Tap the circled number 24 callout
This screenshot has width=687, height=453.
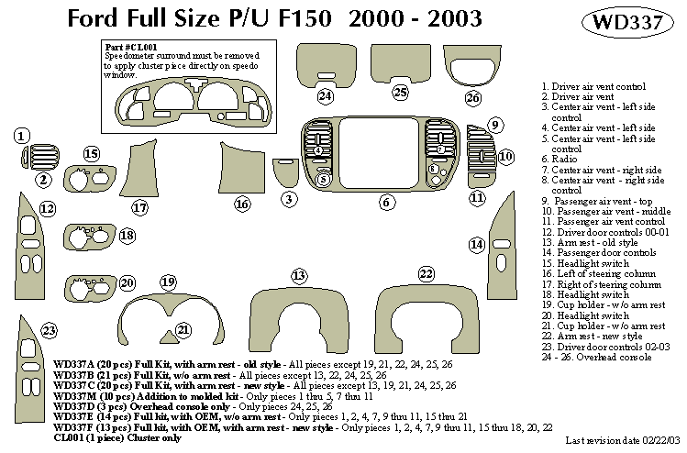[325, 95]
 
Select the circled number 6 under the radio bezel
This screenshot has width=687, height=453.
[386, 201]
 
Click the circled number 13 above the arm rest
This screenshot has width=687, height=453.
[298, 275]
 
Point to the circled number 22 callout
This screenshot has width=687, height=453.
[426, 273]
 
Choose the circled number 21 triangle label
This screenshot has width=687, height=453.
[183, 329]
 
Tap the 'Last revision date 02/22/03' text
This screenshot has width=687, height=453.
[624, 442]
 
